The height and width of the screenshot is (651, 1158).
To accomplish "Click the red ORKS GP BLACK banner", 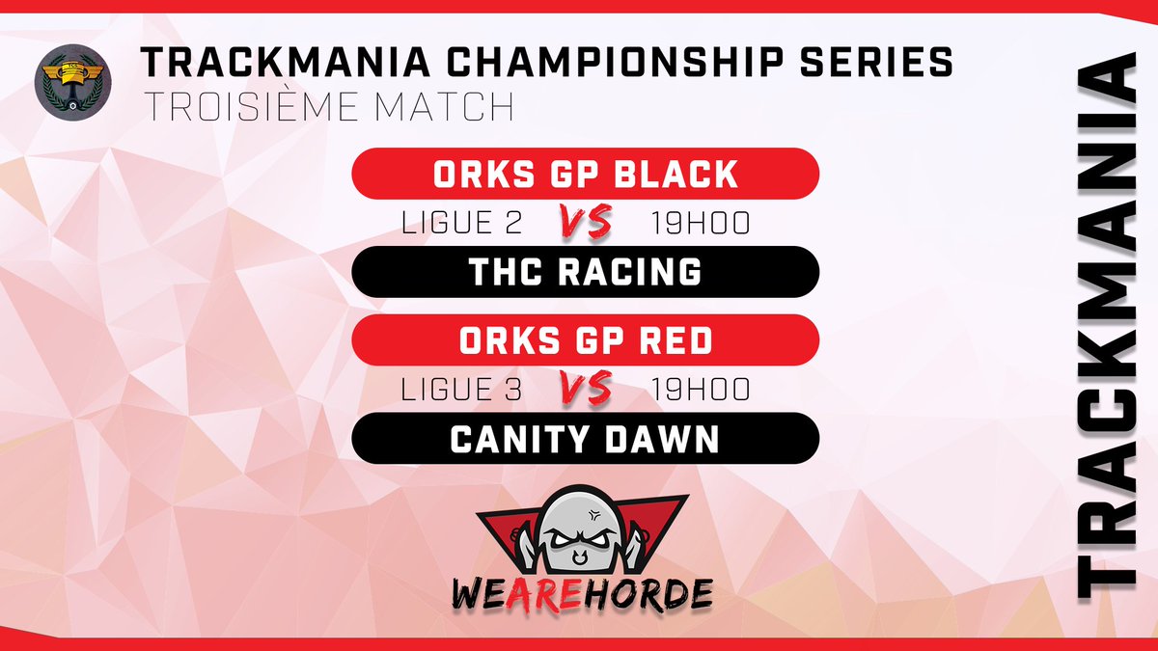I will [585, 174].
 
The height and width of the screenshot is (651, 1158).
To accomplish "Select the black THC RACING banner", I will [585, 272].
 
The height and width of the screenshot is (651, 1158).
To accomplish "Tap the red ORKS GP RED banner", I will [585, 340].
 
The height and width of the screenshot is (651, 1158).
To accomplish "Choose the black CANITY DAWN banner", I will [585, 439].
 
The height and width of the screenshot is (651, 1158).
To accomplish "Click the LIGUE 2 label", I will [461, 224].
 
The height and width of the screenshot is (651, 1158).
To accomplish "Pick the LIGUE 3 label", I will [461, 390].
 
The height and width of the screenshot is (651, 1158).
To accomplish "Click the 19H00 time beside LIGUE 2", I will [701, 224].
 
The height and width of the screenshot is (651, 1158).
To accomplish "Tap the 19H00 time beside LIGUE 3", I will [701, 390].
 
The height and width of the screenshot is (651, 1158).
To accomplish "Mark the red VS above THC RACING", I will [586, 223].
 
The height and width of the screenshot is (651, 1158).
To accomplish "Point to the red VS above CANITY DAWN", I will [586, 389].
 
